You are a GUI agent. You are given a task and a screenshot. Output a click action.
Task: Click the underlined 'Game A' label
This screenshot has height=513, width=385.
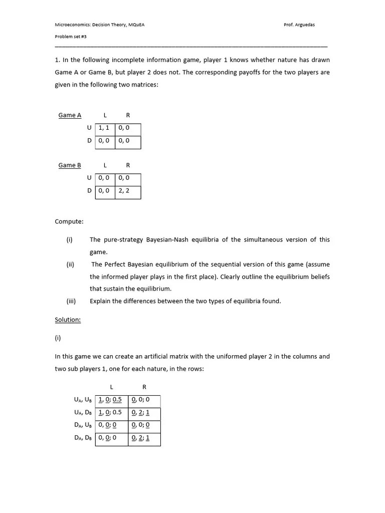tap(70, 115)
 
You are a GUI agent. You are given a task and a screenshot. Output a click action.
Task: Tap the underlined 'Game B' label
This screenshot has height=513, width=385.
tap(70, 165)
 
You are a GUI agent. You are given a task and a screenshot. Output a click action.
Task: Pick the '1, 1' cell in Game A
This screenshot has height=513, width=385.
tap(104, 128)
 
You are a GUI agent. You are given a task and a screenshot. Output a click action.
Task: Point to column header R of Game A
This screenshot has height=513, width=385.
tap(128, 115)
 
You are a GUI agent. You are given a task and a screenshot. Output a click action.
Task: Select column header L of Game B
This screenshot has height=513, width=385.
tap(105, 165)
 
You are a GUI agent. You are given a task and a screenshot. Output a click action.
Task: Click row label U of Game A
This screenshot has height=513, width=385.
tap(89, 128)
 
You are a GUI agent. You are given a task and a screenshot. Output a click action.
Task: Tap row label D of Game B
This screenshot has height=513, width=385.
tap(89, 191)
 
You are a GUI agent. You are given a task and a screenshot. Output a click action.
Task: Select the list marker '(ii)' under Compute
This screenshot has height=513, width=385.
tap(70, 265)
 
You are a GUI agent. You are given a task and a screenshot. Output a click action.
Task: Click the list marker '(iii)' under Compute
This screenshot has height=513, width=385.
tap(71, 301)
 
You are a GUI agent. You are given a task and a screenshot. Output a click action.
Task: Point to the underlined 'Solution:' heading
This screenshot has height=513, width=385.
tap(68, 320)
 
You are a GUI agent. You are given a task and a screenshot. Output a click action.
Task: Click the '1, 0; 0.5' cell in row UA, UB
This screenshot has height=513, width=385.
tap(110, 400)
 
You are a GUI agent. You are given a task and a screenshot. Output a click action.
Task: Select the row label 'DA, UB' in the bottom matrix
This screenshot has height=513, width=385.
tap(83, 425)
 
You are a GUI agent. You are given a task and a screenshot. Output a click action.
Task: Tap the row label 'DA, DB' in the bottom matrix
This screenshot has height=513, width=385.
tap(83, 438)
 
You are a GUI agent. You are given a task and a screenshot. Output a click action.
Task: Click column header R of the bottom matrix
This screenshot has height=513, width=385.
tap(144, 387)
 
